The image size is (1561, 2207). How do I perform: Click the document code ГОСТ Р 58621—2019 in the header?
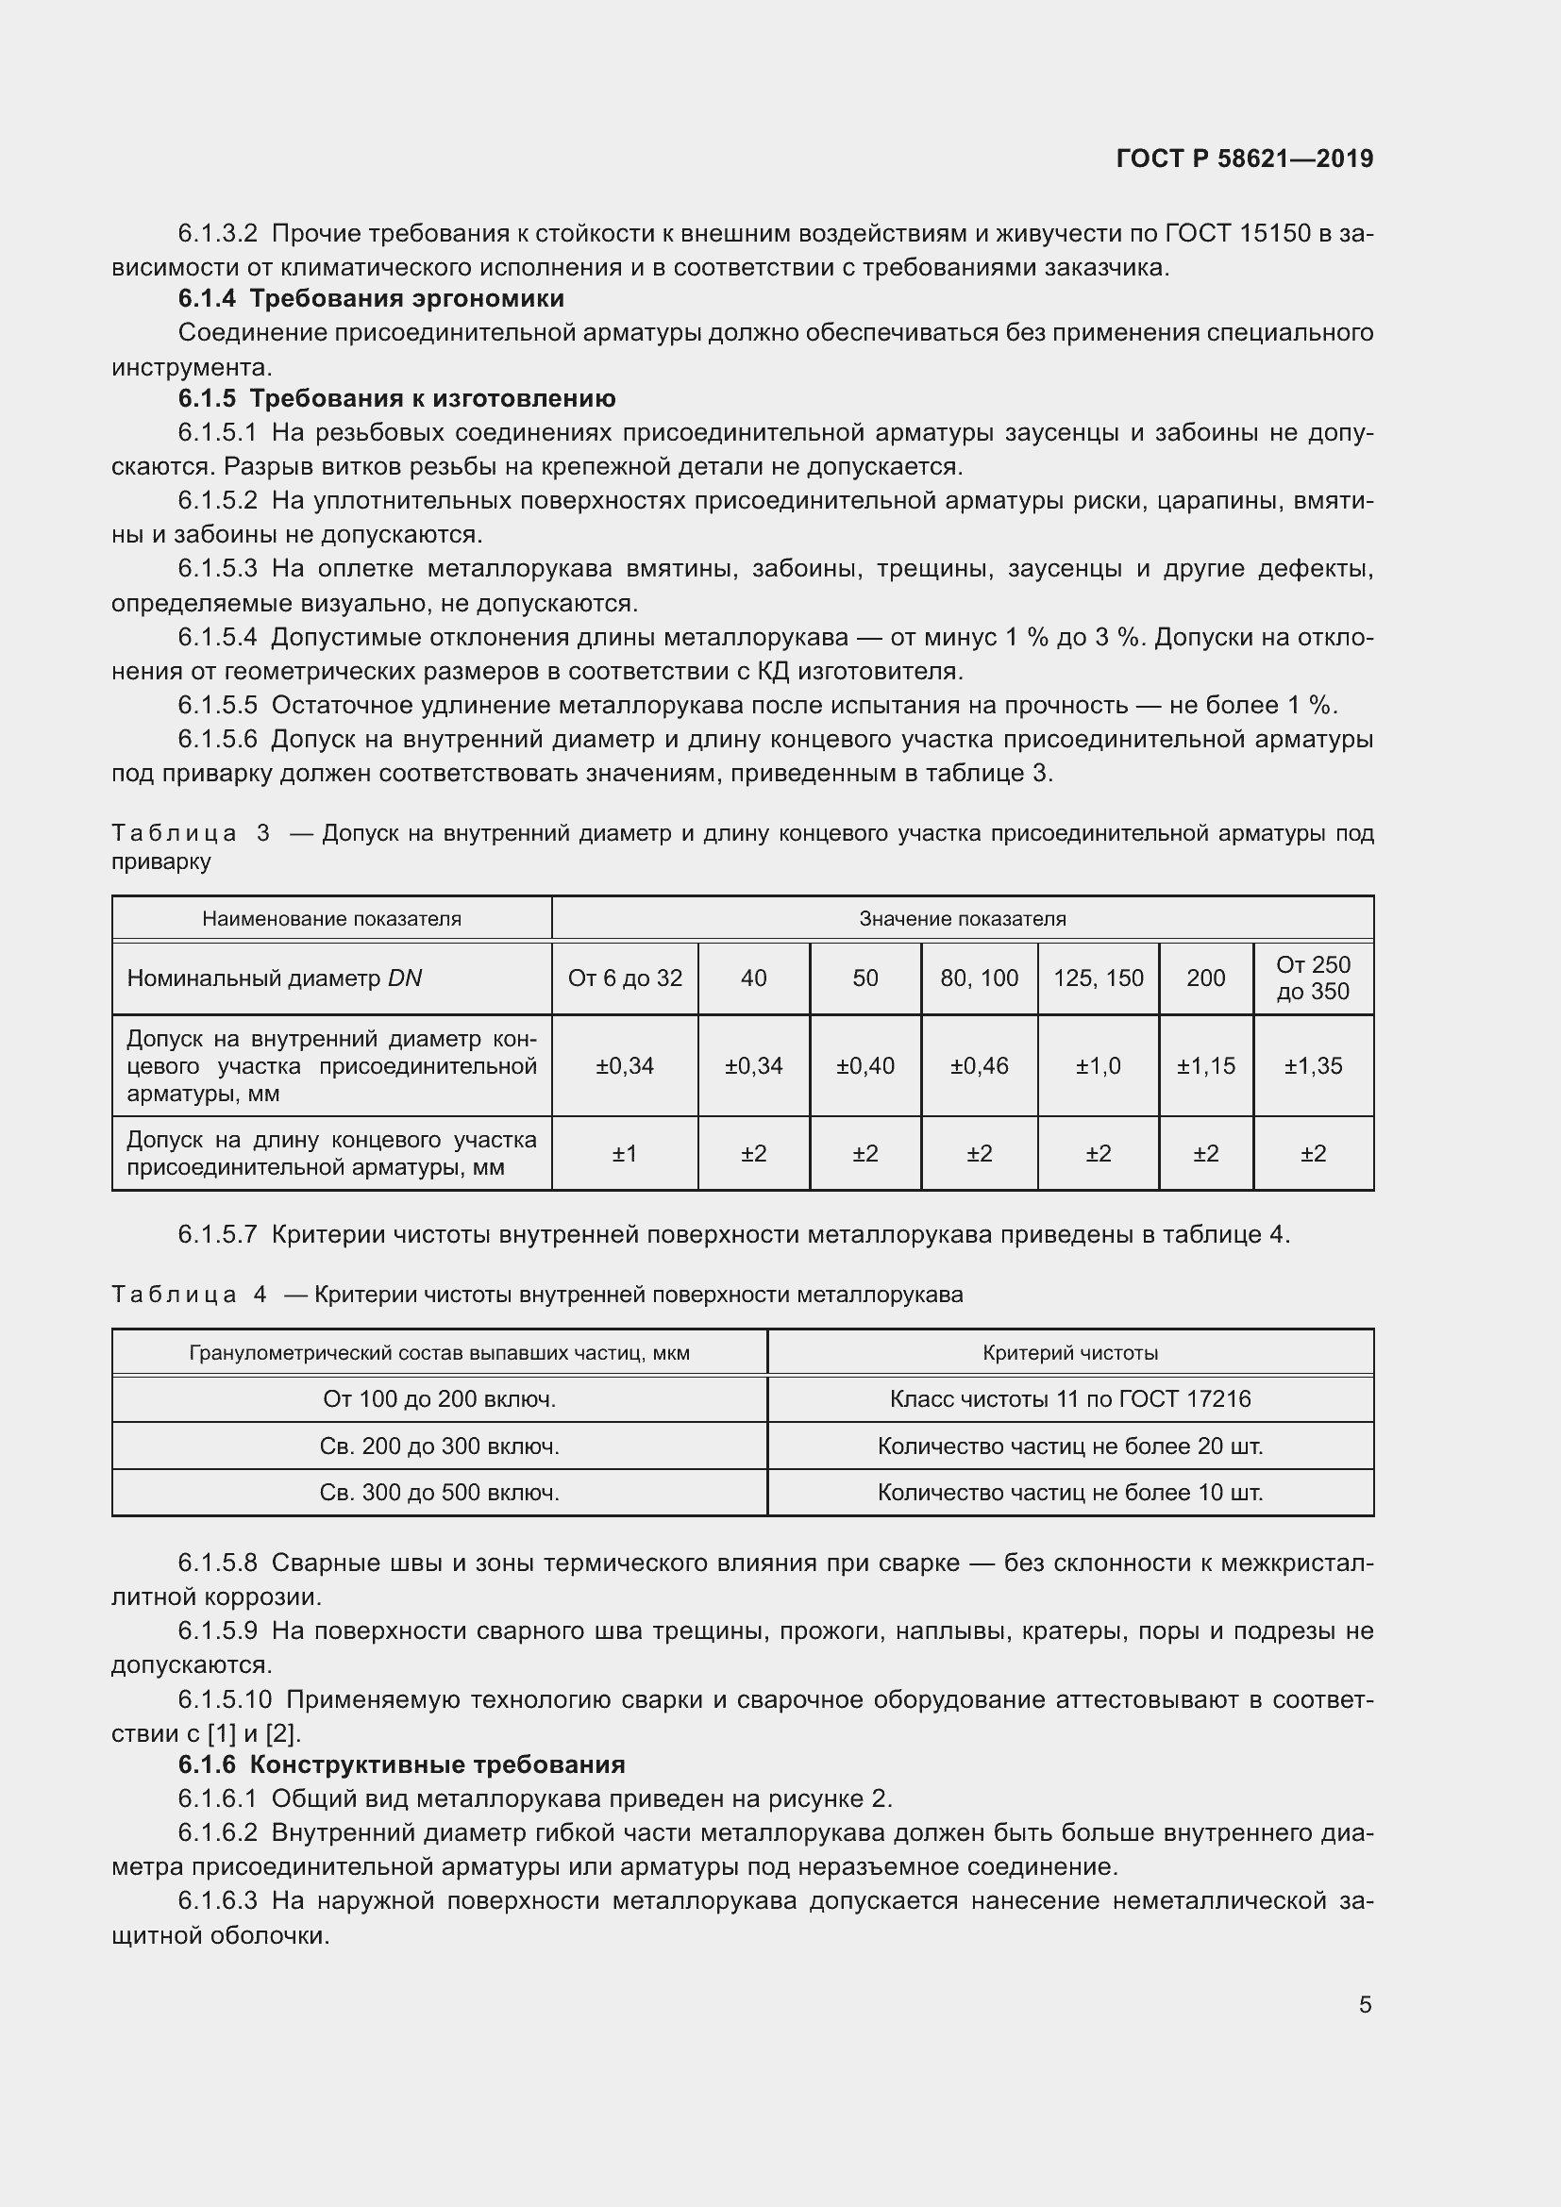click(x=1244, y=159)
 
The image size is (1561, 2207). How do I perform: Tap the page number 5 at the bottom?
click(x=1365, y=2004)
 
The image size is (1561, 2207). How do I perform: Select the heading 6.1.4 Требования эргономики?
click(x=371, y=299)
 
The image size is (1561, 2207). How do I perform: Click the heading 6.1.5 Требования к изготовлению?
click(x=396, y=399)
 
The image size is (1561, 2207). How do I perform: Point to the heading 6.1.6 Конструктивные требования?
click(x=401, y=1764)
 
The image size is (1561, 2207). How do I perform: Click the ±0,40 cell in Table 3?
click(x=865, y=1066)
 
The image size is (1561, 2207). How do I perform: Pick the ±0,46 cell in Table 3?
click(x=979, y=1066)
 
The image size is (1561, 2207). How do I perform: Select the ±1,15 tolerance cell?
click(x=1205, y=1066)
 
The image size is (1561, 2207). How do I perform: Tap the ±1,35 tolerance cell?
click(x=1313, y=1066)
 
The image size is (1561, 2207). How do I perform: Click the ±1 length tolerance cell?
click(x=625, y=1153)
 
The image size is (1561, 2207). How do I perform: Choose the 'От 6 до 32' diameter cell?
click(x=625, y=978)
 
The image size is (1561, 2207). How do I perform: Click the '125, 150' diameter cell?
click(x=1098, y=978)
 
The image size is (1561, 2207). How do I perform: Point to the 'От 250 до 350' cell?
click(x=1313, y=978)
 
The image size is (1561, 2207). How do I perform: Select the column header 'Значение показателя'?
click(x=962, y=919)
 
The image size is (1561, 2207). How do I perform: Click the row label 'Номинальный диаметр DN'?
click(x=275, y=978)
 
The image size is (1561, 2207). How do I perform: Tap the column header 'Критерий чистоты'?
click(x=1070, y=1353)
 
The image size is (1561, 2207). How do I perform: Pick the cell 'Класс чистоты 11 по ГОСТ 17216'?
click(x=1070, y=1399)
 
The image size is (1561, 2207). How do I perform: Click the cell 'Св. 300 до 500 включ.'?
click(x=439, y=1493)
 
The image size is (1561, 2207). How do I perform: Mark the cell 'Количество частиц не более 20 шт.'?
click(x=1070, y=1446)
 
